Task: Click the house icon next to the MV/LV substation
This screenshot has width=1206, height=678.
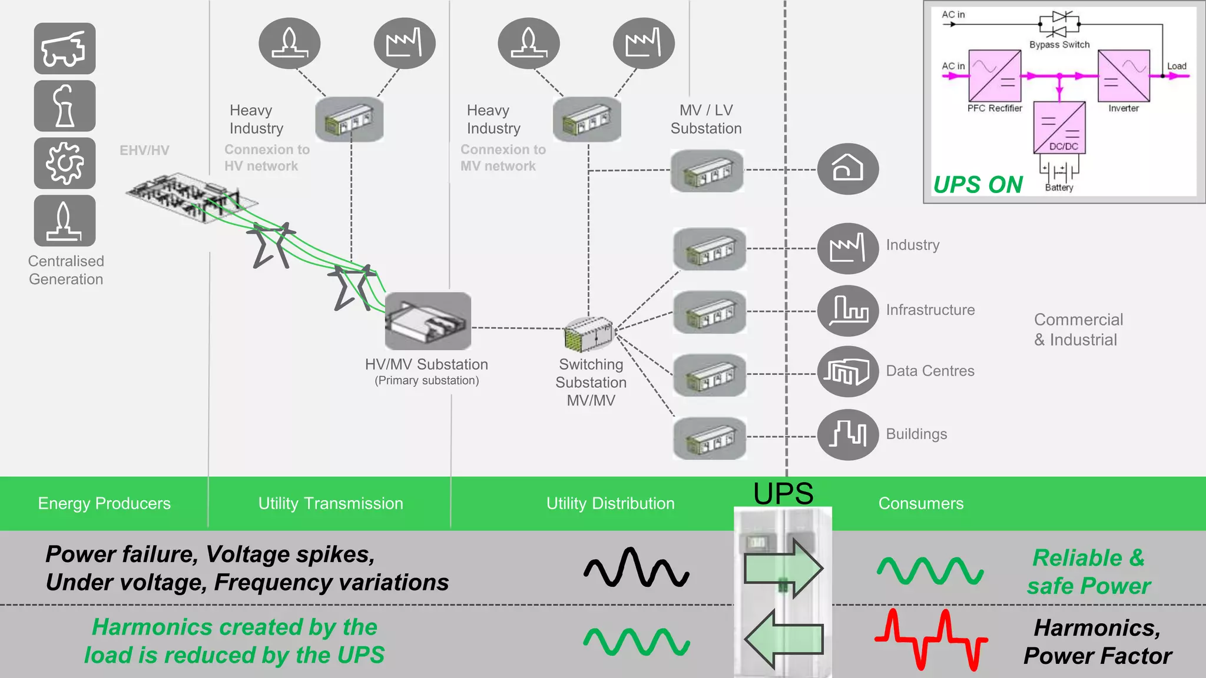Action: point(847,169)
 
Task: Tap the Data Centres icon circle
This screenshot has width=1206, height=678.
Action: point(847,371)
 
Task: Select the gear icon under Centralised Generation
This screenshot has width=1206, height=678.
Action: point(65,163)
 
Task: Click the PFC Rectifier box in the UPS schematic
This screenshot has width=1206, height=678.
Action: point(995,75)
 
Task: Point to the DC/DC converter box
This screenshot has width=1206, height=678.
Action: point(1059,128)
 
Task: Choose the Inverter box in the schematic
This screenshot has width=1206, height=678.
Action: point(1124,75)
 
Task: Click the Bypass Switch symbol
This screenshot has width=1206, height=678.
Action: point(1059,24)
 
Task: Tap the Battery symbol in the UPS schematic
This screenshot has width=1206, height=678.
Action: point(1059,171)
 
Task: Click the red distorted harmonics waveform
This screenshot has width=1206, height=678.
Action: point(931,641)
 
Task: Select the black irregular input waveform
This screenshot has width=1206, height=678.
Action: point(636,568)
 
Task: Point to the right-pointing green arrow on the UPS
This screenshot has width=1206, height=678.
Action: point(783,568)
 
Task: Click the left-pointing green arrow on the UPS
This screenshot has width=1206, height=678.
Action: point(783,639)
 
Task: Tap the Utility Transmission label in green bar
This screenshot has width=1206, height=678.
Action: point(330,504)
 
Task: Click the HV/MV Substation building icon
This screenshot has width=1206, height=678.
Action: point(428,321)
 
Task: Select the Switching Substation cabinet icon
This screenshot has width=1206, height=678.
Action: point(588,334)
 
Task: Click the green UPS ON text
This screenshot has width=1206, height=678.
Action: point(978,185)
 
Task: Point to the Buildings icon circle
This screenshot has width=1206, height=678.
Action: point(847,434)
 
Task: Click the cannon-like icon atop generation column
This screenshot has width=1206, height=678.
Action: point(65,48)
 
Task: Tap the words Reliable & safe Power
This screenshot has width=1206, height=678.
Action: point(1088,571)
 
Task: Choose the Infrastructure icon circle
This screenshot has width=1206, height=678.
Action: point(847,310)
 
